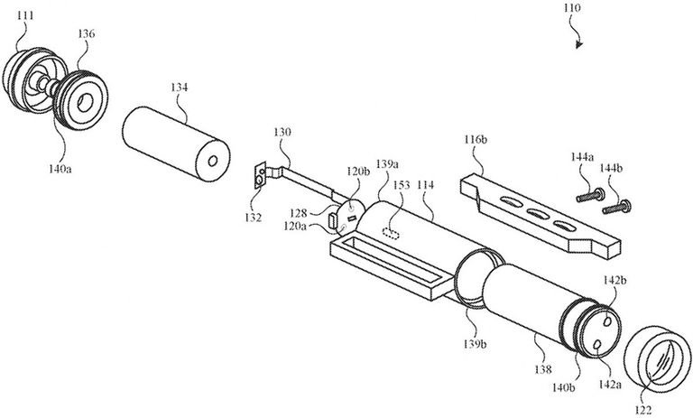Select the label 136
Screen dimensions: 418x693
pos(88,33)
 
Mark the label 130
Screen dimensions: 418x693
pos(283,132)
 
